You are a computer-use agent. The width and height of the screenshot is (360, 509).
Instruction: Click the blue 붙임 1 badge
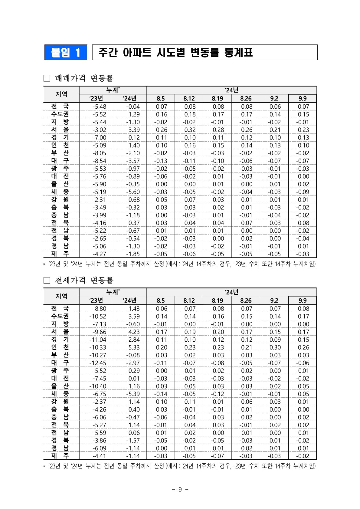pyautogui.click(x=66, y=52)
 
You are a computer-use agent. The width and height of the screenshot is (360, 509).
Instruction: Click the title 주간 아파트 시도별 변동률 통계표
pyautogui.click(x=175, y=53)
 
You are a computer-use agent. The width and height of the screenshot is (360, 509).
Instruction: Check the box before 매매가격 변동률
pyautogui.click(x=47, y=78)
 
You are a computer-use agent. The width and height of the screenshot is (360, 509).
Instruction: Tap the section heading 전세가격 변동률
pyautogui.click(x=84, y=280)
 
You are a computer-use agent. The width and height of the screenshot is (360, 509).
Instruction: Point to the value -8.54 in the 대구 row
pyautogui.click(x=99, y=161)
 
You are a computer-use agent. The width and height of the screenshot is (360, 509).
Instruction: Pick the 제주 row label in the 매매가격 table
pyautogui.click(x=60, y=254)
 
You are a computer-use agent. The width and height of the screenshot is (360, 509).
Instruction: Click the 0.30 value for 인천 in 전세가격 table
pyautogui.click(x=275, y=347)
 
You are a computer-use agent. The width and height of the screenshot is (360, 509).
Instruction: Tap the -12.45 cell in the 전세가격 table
pyautogui.click(x=98, y=363)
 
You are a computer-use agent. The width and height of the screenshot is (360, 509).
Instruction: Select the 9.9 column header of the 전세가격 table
pyautogui.click(x=303, y=300)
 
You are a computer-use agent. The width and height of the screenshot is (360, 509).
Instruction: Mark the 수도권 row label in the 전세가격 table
pyautogui.click(x=60, y=316)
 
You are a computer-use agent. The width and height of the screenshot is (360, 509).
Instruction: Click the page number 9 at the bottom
pyautogui.click(x=180, y=489)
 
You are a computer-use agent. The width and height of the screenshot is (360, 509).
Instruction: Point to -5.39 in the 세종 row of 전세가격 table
pyautogui.click(x=133, y=394)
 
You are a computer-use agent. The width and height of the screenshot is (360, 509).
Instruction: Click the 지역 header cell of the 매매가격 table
pyautogui.click(x=61, y=94)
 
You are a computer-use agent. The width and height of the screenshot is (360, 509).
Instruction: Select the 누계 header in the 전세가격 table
pyautogui.click(x=113, y=292)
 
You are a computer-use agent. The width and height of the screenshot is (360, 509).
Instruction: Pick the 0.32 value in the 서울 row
pyautogui.click(x=190, y=130)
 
